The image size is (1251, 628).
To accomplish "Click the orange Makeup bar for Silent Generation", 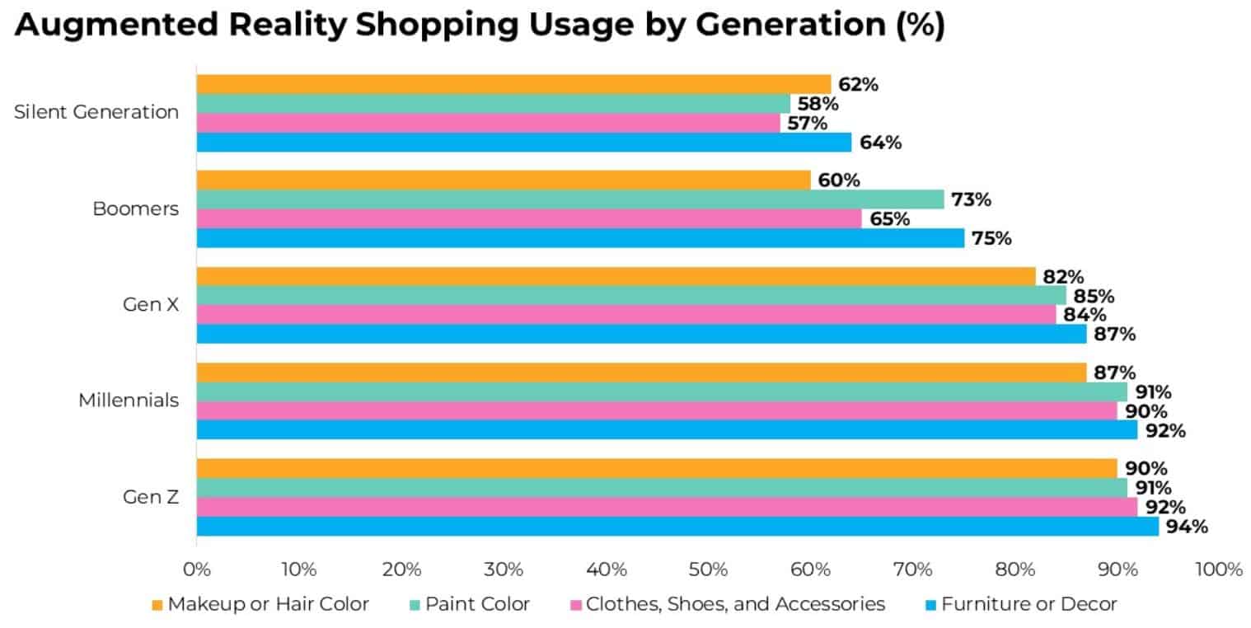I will pos(513,84).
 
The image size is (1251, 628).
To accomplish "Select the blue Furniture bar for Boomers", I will pos(580,238).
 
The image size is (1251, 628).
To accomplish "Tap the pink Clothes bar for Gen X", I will pos(626,315).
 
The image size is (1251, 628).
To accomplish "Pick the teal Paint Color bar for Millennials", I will pos(662,391).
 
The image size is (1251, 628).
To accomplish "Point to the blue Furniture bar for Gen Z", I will pos(677,526).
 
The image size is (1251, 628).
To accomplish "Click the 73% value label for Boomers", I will pos(971,199).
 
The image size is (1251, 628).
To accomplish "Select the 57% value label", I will pos(808,123).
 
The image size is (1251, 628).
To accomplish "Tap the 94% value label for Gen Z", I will pos(1187,526).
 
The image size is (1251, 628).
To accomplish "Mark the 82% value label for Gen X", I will pos(1063,277).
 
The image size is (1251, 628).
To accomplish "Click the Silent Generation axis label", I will pos(96,112).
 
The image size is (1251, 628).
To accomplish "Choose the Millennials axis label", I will pos(129,401).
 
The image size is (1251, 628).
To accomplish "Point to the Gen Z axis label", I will pos(151,497).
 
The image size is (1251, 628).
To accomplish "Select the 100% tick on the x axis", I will pos(1216,569).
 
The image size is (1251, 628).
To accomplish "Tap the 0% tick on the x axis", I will pos(197,569).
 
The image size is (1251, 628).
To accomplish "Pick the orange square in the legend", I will pos(158,605).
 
